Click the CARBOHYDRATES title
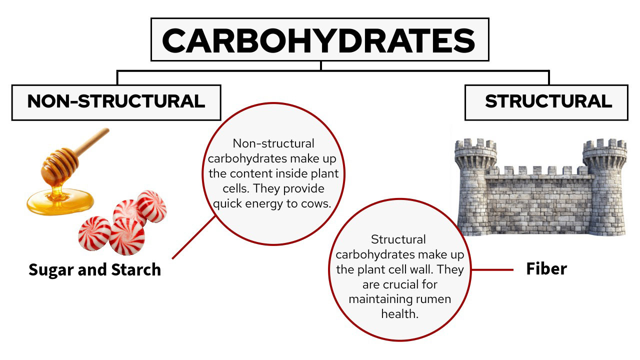click(x=318, y=40)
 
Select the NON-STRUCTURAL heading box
click(x=116, y=102)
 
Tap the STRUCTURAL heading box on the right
click(x=546, y=102)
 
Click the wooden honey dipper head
click(x=60, y=165)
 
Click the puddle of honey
click(x=60, y=201)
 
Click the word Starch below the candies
click(x=136, y=269)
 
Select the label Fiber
click(x=546, y=269)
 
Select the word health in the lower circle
click(x=399, y=314)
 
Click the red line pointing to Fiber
click(x=492, y=269)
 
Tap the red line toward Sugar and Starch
click(x=193, y=237)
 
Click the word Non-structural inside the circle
click(x=273, y=143)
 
